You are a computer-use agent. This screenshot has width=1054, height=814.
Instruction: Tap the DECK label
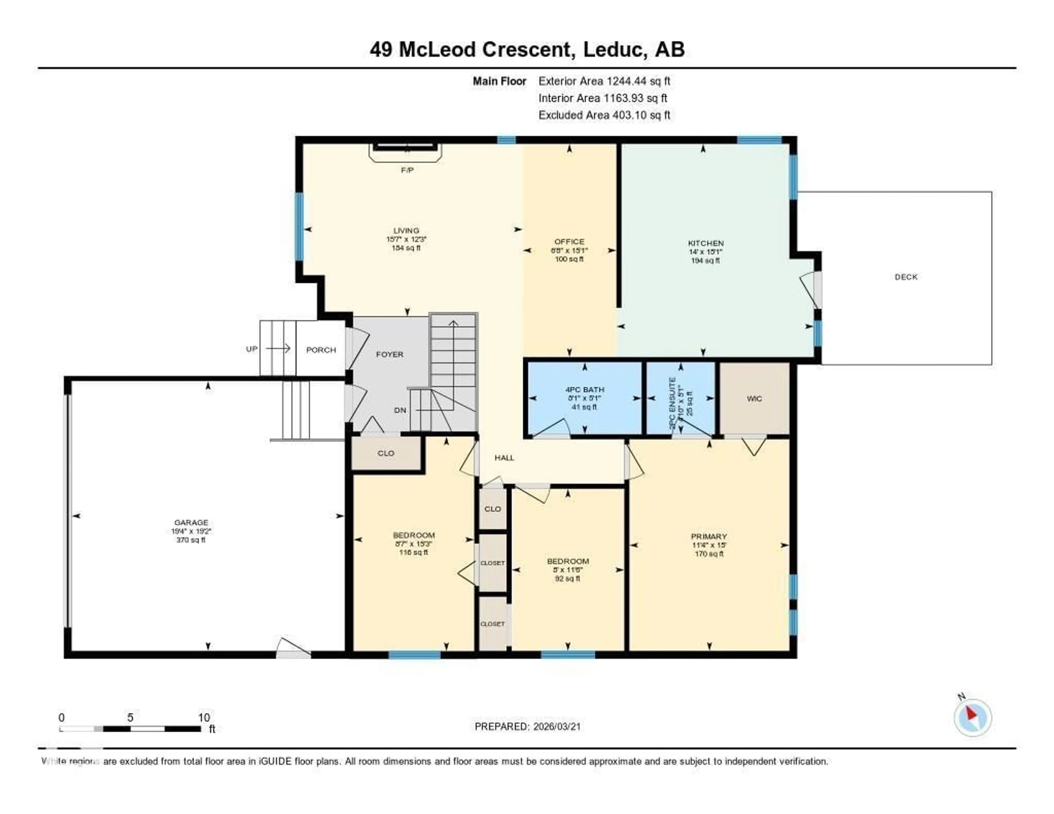(906, 277)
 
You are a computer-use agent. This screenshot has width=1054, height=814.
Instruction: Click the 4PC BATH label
(584, 389)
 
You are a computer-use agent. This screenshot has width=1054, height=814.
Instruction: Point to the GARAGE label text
(191, 522)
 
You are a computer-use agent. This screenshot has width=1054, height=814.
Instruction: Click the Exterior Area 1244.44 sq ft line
(604, 81)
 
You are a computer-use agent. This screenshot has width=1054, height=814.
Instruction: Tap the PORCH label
(321, 350)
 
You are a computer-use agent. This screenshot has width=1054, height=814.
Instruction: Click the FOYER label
(389, 354)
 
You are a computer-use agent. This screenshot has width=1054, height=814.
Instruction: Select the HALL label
(504, 457)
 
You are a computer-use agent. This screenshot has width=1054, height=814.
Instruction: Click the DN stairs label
(400, 410)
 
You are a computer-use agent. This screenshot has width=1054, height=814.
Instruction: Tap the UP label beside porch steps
(251, 349)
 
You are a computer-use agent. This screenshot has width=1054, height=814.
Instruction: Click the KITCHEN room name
(706, 243)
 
